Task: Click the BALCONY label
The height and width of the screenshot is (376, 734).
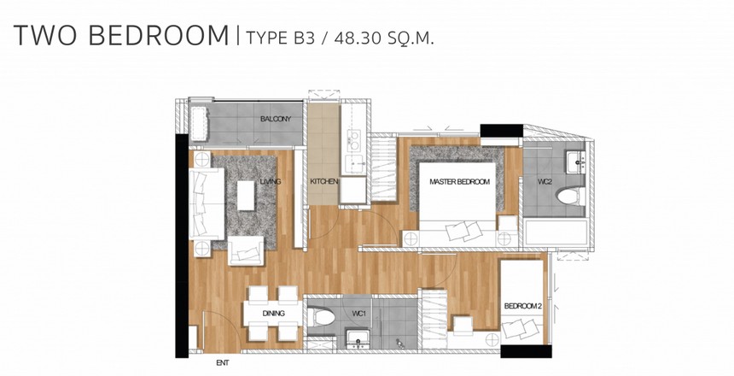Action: [276, 119]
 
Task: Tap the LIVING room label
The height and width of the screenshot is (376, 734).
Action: [271, 181]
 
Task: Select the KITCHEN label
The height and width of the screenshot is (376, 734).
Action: [324, 181]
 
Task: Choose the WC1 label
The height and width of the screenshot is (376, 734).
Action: [358, 314]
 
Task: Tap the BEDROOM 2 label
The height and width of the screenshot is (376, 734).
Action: [523, 306]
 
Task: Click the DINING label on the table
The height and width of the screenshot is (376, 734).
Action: [273, 313]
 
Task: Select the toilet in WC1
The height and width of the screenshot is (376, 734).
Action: [322, 317]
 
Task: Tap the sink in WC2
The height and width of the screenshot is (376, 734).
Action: [575, 162]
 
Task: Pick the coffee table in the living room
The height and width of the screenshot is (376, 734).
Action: [246, 195]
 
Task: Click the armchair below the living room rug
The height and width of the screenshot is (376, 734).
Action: [246, 251]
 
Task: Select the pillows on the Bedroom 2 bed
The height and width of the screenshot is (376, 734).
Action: [521, 329]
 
